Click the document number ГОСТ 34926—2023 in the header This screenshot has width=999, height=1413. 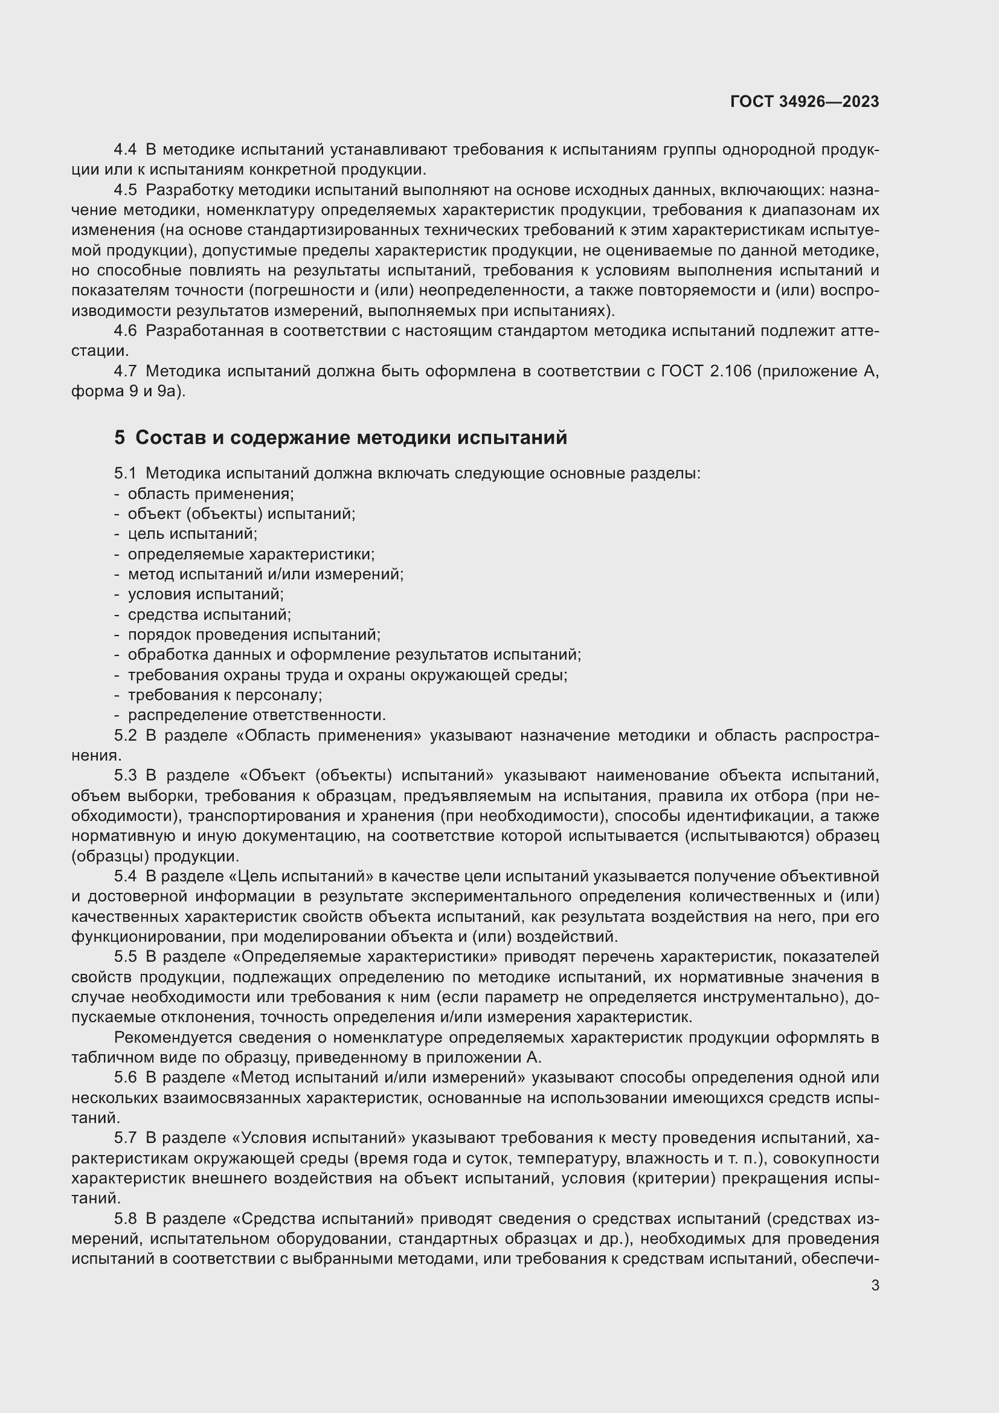click(x=804, y=101)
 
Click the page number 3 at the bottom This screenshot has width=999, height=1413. click(x=875, y=1285)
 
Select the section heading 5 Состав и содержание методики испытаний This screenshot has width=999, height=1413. click(x=340, y=437)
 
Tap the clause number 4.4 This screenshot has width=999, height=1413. click(x=126, y=150)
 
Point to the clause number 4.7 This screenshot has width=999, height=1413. click(x=126, y=371)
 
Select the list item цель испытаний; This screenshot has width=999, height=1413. click(x=192, y=533)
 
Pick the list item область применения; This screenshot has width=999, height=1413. click(x=210, y=494)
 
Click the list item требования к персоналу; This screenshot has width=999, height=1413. click(x=225, y=695)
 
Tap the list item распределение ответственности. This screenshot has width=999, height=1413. click(x=257, y=715)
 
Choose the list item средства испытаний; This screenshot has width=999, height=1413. click(x=209, y=614)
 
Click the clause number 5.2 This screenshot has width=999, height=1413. click(x=126, y=735)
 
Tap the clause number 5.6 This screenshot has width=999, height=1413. click(x=126, y=1078)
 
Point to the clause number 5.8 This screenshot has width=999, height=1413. click(x=126, y=1218)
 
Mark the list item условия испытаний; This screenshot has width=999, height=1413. click(x=205, y=594)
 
